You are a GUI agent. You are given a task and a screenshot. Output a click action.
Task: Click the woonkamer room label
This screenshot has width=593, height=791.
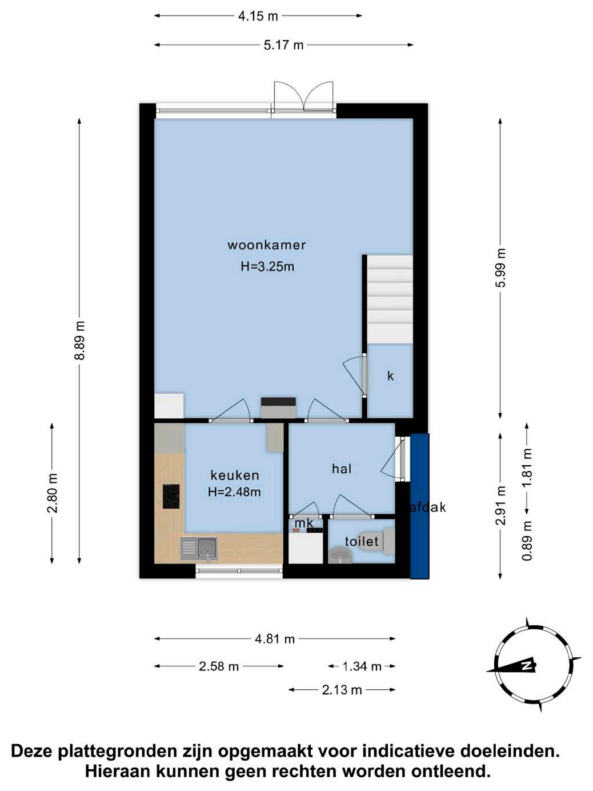[266, 245]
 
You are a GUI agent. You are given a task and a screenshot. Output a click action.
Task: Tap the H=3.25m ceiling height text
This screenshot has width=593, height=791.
[267, 267]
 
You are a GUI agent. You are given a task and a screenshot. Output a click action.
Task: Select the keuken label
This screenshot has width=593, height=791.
[234, 476]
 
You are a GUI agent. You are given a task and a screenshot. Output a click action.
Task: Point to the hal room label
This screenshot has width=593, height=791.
[341, 469]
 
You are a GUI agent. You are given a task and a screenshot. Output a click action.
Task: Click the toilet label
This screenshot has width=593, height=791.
[362, 541]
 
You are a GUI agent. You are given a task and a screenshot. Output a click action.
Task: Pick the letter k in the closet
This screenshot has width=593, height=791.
[390, 376]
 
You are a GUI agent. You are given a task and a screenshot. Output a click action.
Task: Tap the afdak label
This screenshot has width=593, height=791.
[428, 508]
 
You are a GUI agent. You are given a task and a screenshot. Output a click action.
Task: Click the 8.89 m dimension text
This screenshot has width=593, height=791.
[80, 340]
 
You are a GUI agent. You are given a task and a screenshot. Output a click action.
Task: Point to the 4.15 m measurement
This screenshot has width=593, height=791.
[258, 16]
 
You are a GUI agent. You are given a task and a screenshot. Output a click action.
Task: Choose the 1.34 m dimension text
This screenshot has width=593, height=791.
[362, 666]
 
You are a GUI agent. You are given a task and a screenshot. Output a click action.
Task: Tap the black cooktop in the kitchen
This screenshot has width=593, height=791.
[171, 496]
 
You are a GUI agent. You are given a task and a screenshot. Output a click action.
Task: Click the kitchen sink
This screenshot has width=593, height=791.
[199, 549]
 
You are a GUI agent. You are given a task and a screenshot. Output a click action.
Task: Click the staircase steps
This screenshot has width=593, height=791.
[390, 299]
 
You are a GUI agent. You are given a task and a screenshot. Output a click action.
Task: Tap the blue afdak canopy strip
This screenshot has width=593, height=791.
[420, 506]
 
